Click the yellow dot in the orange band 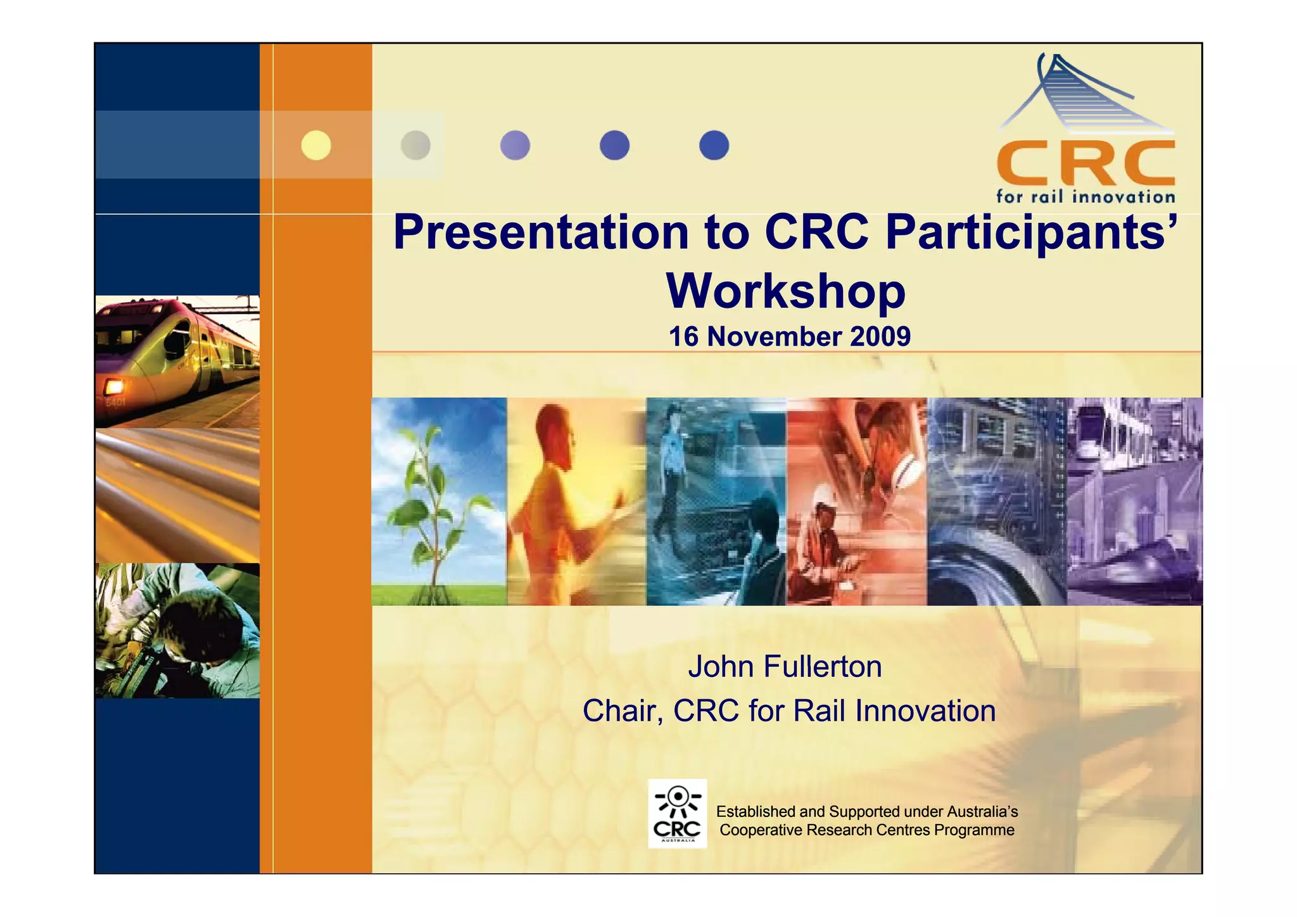point(316,145)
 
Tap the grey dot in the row point(415,145)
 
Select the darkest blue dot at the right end point(714,145)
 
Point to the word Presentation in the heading point(541,232)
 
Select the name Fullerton point(823,667)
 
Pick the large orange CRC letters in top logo point(1085,163)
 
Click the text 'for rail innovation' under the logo point(1085,196)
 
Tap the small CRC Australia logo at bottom point(677,814)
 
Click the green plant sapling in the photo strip point(434,500)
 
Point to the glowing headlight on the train point(114,386)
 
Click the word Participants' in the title point(1032,232)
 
